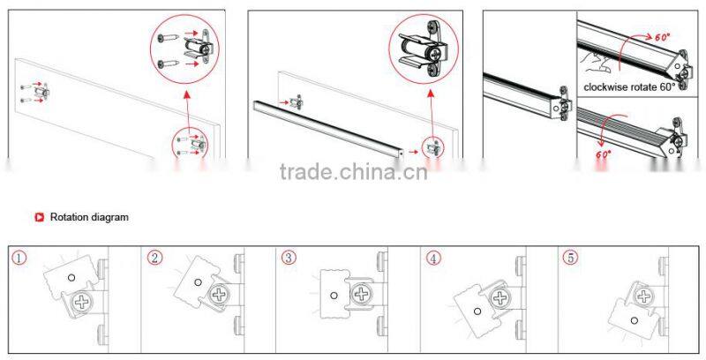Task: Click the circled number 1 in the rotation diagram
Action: point(19,259)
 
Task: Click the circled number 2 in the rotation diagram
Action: point(155,259)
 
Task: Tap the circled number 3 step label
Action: point(288,259)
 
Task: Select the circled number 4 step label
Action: point(432,259)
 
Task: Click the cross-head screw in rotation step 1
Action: point(84,303)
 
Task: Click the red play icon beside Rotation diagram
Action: point(39,217)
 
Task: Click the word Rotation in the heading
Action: point(69,217)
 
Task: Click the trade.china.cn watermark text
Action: point(353,170)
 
